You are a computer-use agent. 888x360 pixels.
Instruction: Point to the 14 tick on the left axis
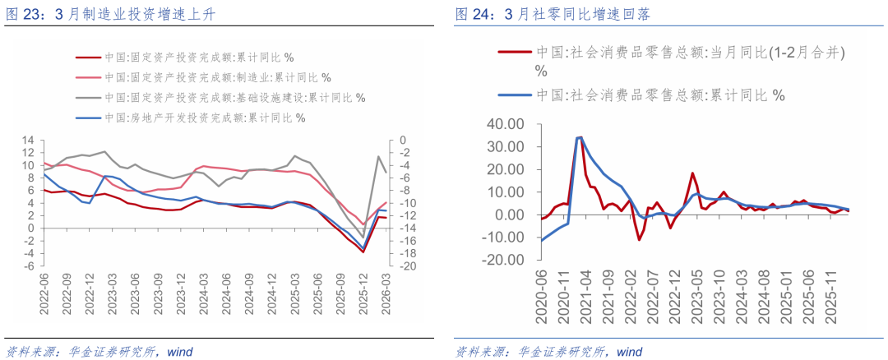[26, 141]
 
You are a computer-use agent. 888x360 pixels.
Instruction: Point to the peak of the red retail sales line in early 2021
[580, 137]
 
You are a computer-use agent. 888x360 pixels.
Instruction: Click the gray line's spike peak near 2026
[379, 156]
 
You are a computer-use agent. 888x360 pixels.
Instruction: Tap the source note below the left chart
[99, 352]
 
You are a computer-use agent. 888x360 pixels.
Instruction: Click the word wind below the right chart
[629, 352]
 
